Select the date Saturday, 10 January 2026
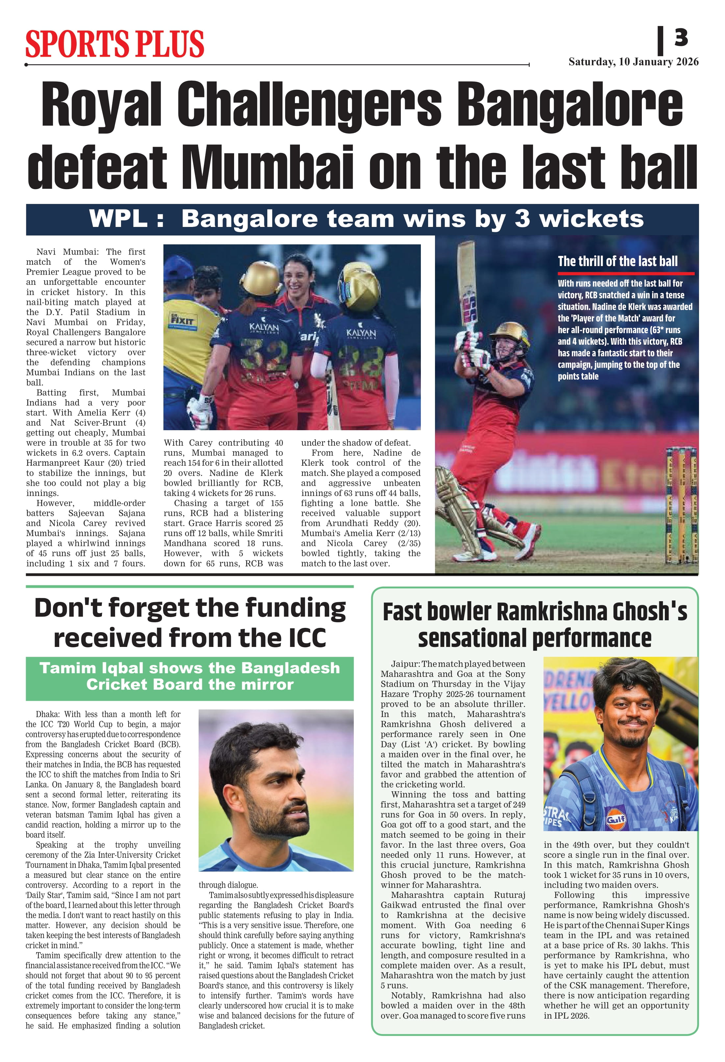pyautogui.click(x=633, y=62)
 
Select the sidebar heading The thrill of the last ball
pyautogui.click(x=617, y=261)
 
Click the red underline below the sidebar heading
pyautogui.click(x=625, y=273)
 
